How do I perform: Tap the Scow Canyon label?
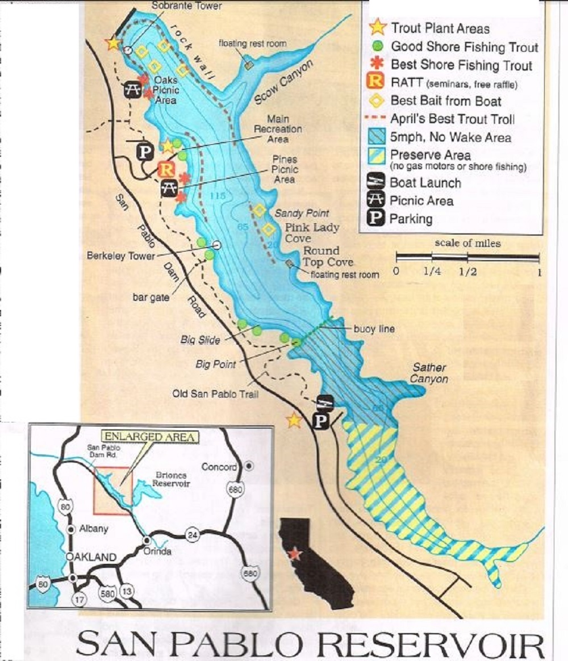coord(283,83)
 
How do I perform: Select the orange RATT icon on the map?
coord(165,169)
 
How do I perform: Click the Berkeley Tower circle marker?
coord(216,245)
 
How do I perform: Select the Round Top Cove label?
coord(328,256)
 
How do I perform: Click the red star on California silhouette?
coord(294,554)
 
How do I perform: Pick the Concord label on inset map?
coord(219,467)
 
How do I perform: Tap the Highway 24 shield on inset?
coord(193,534)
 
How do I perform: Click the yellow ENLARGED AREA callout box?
coord(151,437)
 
